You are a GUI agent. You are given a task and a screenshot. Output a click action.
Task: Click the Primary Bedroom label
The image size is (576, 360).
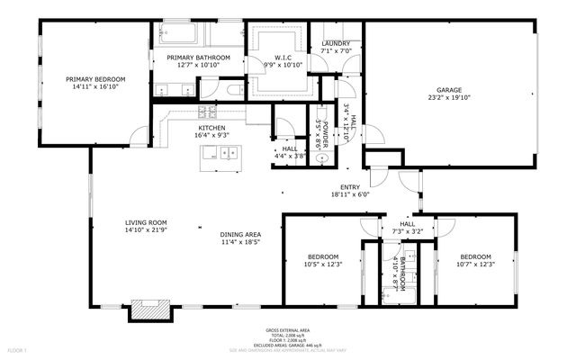point(95,80)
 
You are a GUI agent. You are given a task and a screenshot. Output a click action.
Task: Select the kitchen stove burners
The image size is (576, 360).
point(207,112)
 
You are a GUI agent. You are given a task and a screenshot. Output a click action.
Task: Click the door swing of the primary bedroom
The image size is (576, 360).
point(138,137)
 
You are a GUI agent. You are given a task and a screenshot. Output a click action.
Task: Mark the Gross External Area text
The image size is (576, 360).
point(288,330)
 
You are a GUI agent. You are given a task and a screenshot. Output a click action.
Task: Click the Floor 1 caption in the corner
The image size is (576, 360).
point(17,349)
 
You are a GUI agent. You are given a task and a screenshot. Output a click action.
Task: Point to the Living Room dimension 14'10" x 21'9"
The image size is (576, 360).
point(146,230)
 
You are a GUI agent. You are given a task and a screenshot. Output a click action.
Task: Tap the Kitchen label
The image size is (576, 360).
point(212,128)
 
